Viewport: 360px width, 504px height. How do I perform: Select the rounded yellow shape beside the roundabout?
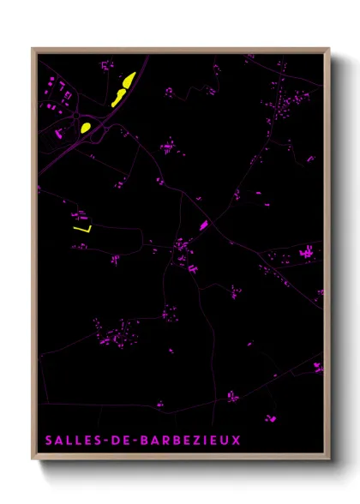point(86,128)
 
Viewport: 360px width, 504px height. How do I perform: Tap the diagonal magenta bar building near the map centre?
point(204,225)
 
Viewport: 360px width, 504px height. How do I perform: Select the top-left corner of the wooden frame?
point(33,49)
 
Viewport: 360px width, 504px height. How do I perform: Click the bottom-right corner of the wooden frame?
point(328,459)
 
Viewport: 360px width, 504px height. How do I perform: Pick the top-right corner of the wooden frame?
point(328,49)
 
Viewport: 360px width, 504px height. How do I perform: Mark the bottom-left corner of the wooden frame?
point(33,459)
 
